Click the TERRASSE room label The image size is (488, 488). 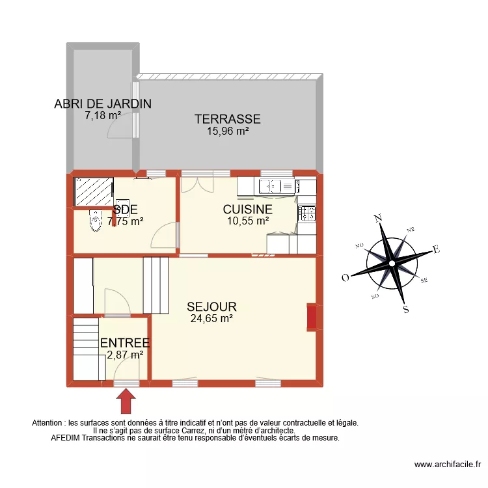coord(227,119)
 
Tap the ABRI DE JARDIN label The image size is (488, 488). coord(103,103)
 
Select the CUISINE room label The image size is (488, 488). coord(247,210)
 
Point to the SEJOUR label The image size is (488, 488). coord(211,306)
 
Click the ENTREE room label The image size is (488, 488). coord(125,343)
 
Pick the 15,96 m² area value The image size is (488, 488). coord(228,131)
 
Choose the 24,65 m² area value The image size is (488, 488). coord(211,319)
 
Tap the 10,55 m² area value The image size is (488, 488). coord(247,221)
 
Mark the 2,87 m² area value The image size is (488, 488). coord(125,355)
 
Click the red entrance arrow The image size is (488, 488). coord(125,400)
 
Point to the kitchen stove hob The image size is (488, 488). coord(307,211)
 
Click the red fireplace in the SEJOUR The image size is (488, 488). coord(312,317)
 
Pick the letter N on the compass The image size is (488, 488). coord(378,219)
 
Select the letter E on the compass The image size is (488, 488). coord(437,249)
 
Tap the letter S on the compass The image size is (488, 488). coord(406,310)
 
